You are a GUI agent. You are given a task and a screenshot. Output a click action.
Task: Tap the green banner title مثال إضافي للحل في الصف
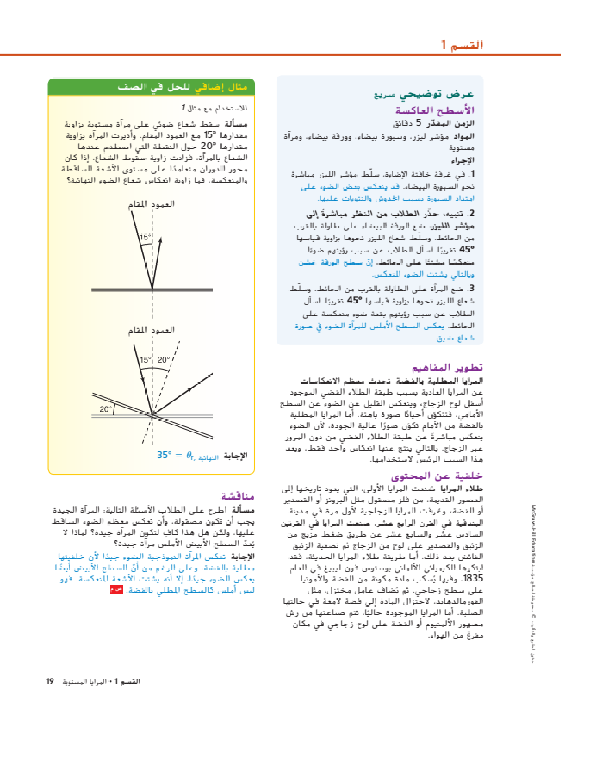[182, 87]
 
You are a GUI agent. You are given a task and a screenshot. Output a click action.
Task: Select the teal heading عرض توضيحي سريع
[423, 94]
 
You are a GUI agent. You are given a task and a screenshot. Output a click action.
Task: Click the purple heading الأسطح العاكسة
[435, 110]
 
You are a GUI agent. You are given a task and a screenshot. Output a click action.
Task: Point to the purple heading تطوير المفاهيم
[447, 367]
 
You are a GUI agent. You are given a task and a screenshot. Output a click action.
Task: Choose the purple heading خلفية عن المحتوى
[437, 476]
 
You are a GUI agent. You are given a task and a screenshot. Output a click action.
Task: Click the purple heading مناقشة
[238, 496]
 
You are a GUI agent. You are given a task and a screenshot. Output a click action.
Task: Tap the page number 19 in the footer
[50, 681]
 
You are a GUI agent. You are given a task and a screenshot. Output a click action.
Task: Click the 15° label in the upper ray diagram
[145, 237]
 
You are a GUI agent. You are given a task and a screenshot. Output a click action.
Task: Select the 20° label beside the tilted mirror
[105, 409]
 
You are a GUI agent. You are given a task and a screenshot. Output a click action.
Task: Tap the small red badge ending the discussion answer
[116, 589]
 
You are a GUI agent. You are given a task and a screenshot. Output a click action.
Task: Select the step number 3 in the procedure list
[472, 288]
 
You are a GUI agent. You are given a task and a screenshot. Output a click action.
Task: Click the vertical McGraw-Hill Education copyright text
[533, 583]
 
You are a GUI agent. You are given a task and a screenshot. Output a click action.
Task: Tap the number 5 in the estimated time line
[418, 123]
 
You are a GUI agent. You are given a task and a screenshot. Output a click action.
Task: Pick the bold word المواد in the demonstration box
[464, 136]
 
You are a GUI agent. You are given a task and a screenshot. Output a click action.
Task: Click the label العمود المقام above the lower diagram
[151, 330]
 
